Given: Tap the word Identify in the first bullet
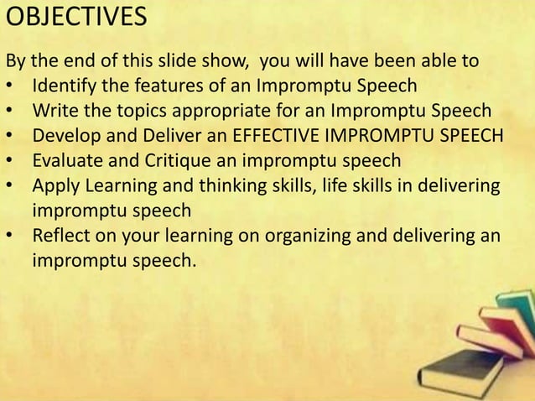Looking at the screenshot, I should click(62, 86).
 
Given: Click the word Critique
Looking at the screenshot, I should click(167, 159).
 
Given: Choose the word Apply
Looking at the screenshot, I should click(54, 183).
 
